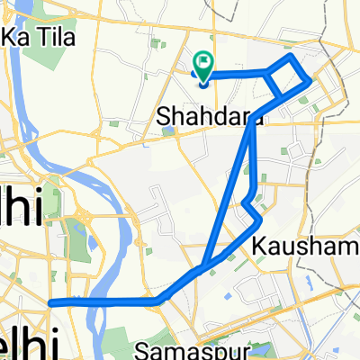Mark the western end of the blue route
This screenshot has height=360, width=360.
click(50, 303)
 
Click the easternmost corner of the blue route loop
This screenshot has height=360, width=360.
click(310, 81)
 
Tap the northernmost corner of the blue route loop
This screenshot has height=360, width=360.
click(291, 57)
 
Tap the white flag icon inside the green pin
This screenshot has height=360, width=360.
click(204, 62)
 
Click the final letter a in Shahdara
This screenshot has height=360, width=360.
click(235, 116)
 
